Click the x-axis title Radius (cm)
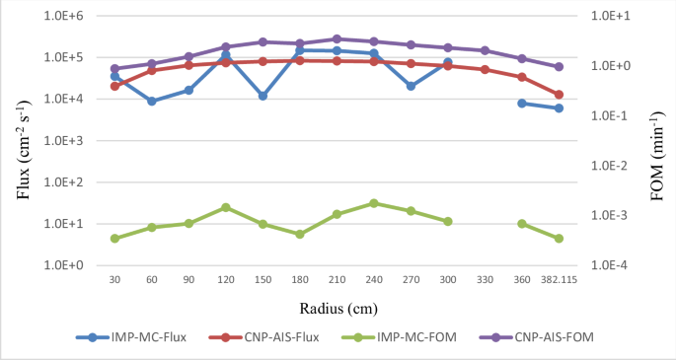(337, 306)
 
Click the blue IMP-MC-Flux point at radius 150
(263, 96)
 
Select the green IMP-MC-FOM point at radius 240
(374, 203)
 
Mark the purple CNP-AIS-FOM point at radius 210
(337, 39)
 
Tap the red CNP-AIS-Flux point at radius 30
(114, 86)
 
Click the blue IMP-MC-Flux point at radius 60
(152, 101)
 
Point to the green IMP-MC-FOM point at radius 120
(226, 207)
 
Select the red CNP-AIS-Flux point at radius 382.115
(559, 95)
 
